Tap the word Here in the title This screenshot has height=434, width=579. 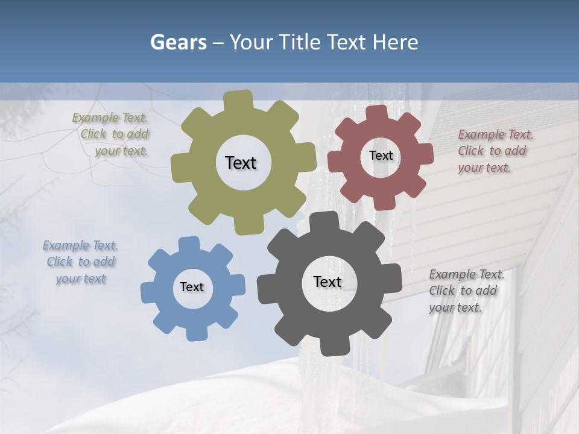(x=395, y=42)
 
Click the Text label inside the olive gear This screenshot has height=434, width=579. (x=241, y=163)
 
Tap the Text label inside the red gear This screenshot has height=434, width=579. (x=381, y=156)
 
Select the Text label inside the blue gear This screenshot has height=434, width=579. (x=192, y=287)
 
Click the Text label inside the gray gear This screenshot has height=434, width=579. (x=327, y=281)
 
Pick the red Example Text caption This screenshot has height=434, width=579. (x=495, y=151)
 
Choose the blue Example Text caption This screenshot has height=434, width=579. (x=81, y=262)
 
